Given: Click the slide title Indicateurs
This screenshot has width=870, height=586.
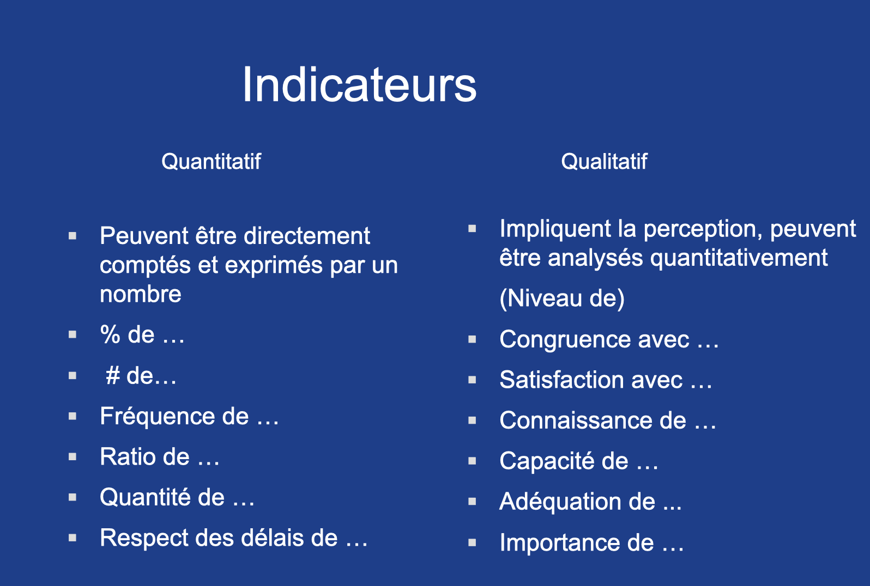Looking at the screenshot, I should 359,85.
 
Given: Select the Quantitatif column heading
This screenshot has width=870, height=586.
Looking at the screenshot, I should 211,162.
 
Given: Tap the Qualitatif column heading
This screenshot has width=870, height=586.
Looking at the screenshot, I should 604,162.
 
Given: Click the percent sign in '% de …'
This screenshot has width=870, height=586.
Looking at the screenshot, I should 110,334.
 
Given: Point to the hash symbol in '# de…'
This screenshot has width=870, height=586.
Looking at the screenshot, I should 113,375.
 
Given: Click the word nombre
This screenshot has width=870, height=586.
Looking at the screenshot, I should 141,294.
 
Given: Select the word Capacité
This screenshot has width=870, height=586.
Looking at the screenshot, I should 546,461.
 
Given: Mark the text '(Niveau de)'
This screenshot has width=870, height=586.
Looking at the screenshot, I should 562,298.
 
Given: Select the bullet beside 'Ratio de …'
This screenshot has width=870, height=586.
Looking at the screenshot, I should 72,457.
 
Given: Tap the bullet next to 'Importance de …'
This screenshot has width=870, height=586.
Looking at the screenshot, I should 472,542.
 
